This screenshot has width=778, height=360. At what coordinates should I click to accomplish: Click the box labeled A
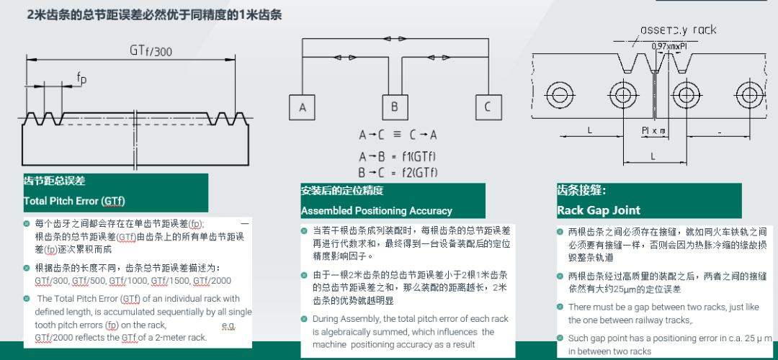(x=303, y=107)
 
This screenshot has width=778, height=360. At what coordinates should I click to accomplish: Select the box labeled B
(x=395, y=107)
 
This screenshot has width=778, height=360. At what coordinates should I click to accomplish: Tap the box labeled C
(x=488, y=107)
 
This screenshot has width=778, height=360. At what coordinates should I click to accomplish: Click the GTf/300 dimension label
(x=151, y=50)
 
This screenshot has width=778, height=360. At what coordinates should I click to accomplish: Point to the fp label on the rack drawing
(x=82, y=78)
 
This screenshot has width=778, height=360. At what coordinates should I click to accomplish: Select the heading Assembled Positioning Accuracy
(x=377, y=210)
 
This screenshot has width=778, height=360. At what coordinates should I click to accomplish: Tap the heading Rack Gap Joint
(x=599, y=210)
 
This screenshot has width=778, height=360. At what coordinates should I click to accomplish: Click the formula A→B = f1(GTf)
(x=398, y=156)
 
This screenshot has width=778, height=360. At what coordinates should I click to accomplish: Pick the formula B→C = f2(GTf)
(x=398, y=172)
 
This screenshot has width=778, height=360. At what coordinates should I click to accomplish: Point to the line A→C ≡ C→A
(x=398, y=135)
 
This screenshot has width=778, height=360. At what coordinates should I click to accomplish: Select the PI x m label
(x=654, y=130)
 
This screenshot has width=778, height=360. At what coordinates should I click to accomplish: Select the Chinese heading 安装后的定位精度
(x=342, y=191)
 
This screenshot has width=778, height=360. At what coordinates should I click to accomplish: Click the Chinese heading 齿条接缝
(x=581, y=191)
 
